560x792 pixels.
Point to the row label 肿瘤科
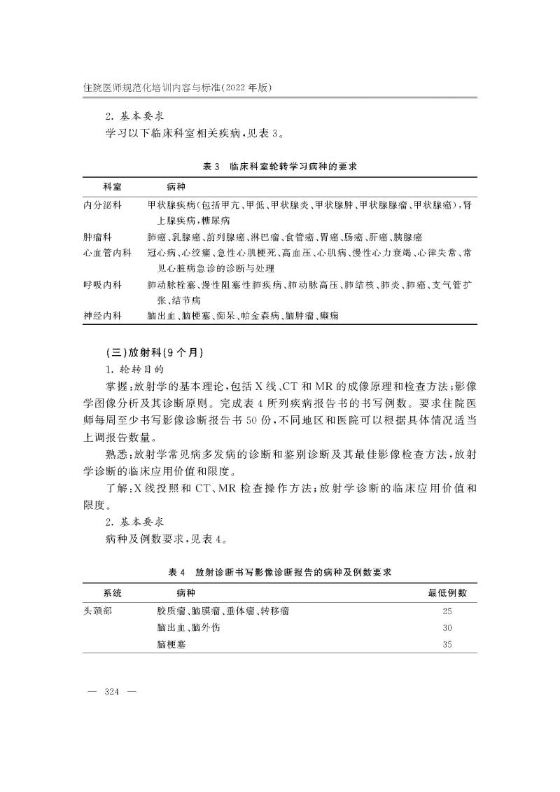[x=97, y=237]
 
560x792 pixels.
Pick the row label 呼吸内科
[x=102, y=285]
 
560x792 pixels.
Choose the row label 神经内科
[x=102, y=317]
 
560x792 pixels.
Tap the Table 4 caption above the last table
[x=280, y=571]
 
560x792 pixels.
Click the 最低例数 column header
[x=447, y=594]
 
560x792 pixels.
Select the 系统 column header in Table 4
[x=112, y=594]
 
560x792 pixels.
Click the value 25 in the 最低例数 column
[x=447, y=611]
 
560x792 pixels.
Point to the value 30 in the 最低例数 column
[x=447, y=627]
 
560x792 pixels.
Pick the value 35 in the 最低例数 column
[x=447, y=645]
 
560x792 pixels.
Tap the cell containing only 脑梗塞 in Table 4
[x=172, y=645]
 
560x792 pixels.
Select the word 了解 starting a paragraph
[x=113, y=487]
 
